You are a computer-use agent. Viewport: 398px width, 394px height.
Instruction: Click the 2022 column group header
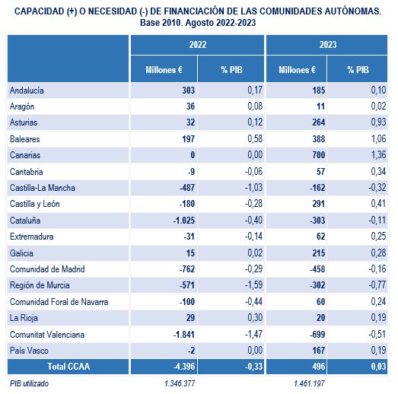197,45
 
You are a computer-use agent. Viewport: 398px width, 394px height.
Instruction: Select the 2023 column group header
328,45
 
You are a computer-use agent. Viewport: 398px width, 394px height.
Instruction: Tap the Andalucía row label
27,91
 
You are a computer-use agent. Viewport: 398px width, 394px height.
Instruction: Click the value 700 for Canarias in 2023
319,154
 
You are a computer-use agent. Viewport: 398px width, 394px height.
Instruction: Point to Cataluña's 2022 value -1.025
184,221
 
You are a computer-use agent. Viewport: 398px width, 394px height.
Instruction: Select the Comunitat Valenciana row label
47,335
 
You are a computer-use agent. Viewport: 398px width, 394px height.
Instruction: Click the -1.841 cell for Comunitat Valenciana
184,335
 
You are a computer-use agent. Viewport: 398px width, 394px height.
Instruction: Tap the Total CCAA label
68,367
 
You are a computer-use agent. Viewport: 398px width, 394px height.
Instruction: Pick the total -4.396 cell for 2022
184,367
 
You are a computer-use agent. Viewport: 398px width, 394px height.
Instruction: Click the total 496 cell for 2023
319,367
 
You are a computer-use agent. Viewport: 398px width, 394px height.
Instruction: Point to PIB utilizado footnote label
29,383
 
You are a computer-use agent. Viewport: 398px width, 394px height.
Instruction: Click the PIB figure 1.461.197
309,383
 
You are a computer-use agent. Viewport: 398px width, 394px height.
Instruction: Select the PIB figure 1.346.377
180,383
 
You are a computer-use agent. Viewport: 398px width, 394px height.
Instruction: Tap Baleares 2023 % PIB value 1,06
378,138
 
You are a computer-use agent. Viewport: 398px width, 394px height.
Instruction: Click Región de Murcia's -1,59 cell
254,284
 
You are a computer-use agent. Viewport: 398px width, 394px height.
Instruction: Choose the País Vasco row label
29,351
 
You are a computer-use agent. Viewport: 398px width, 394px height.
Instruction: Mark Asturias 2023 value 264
319,122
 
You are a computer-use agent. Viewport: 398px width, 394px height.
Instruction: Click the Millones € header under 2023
297,70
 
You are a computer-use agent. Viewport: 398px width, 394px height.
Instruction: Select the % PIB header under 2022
231,70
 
